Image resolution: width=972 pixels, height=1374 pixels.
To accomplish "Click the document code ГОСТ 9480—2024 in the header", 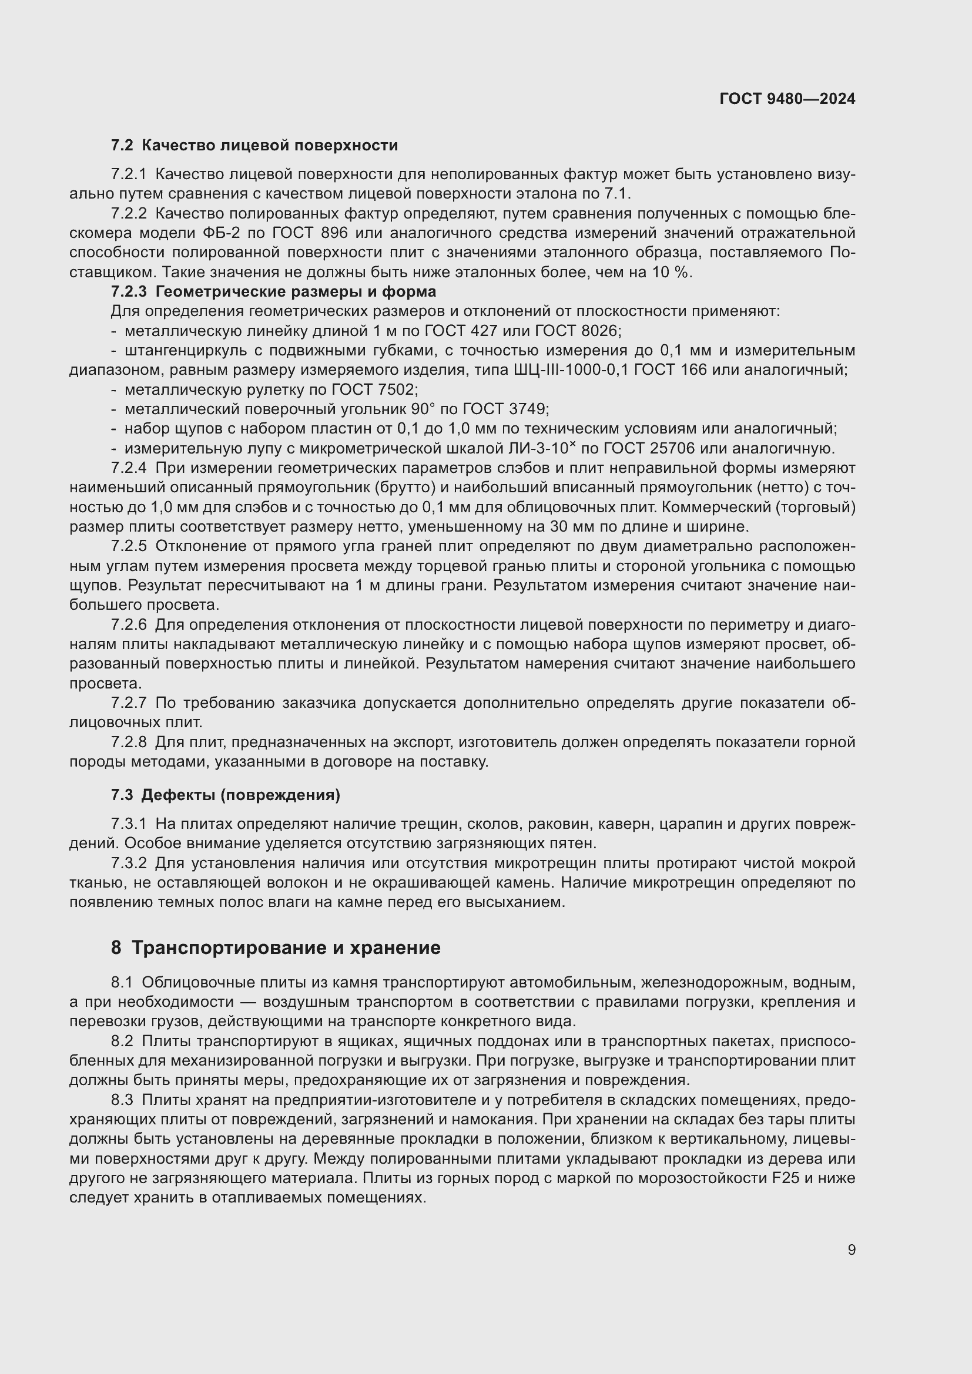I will click(x=787, y=99).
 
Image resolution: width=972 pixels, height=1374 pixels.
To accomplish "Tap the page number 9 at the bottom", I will click(x=852, y=1249).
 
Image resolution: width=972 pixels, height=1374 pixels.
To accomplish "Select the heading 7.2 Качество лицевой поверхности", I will click(x=254, y=146).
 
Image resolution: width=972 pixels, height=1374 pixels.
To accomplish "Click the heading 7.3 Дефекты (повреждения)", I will click(x=226, y=795).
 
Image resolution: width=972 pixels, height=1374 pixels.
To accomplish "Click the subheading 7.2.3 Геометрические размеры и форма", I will click(x=273, y=292).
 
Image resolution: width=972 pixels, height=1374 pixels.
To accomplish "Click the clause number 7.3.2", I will click(x=129, y=863).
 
